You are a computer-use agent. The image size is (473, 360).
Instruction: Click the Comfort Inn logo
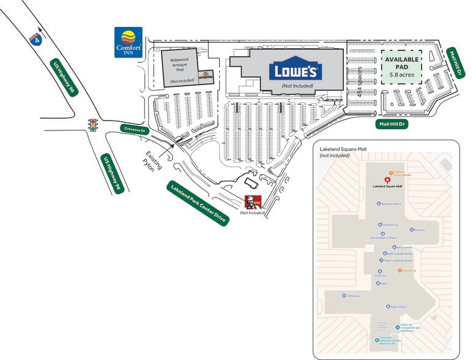click(128, 42)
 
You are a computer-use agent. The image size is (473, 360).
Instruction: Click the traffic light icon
click(93, 126)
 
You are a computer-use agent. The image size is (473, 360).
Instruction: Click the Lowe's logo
click(296, 71)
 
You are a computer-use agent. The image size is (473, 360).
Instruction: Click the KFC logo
click(253, 203)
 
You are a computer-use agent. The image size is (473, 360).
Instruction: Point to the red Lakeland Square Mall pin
click(387, 179)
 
